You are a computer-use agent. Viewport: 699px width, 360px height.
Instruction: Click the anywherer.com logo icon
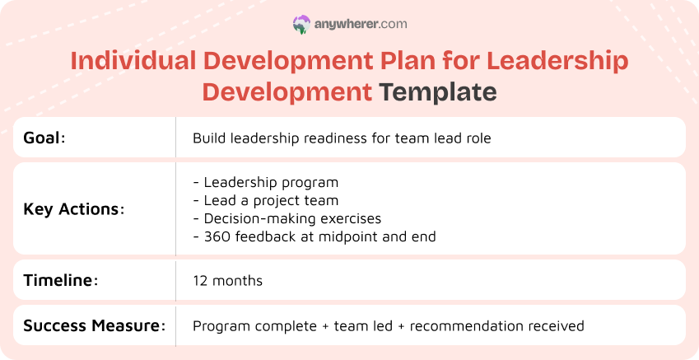pos(301,25)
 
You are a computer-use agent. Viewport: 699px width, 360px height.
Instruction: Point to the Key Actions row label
pos(73,208)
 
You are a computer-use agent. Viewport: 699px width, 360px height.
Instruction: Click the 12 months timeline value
pos(227,281)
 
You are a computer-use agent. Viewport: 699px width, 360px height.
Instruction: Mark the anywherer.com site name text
pos(361,25)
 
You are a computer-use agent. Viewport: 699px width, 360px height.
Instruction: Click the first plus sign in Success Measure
pos(326,326)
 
